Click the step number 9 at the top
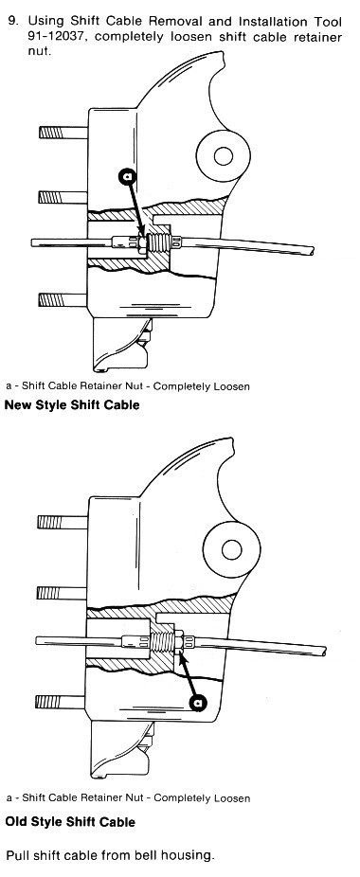click(12, 22)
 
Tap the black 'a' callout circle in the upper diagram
click(128, 176)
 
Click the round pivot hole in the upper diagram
click(223, 156)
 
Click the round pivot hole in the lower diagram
click(231, 550)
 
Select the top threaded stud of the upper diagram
click(63, 133)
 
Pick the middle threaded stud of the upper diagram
click(63, 197)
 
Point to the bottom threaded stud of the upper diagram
click(63, 300)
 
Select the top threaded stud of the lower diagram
click(63, 522)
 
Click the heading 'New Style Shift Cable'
click(72, 404)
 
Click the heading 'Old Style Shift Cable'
click(70, 822)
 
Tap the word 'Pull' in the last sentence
click(16, 856)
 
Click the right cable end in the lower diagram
click(323, 651)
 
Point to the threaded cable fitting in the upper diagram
click(158, 242)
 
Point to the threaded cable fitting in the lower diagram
click(162, 640)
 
